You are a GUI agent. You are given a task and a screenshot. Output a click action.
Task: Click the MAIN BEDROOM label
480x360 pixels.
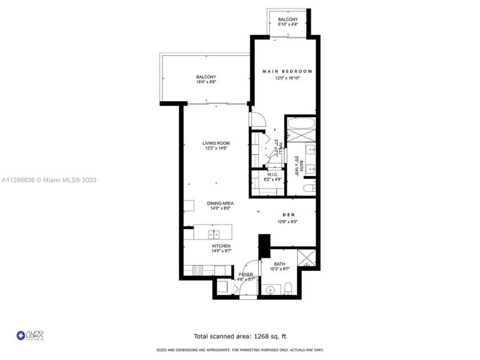[287, 71]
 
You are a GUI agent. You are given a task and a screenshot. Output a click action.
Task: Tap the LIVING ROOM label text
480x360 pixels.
[216, 143]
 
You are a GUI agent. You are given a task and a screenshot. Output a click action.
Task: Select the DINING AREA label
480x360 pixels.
[220, 203]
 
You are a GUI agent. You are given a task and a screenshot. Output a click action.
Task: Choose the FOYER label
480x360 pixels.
[246, 275]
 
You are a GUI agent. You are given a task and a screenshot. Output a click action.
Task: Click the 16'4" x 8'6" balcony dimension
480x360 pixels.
[206, 82]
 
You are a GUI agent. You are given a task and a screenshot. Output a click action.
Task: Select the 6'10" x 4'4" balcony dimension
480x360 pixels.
[287, 25]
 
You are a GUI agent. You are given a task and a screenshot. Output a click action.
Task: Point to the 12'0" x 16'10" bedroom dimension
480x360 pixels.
[287, 78]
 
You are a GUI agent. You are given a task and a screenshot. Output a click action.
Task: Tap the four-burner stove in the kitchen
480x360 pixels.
[199, 269]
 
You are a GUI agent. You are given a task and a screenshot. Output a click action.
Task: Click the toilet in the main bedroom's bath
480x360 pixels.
[309, 188]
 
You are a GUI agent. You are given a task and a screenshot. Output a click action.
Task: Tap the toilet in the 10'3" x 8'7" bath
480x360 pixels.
[289, 287]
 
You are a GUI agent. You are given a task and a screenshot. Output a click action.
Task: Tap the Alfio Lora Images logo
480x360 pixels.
[30, 335]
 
